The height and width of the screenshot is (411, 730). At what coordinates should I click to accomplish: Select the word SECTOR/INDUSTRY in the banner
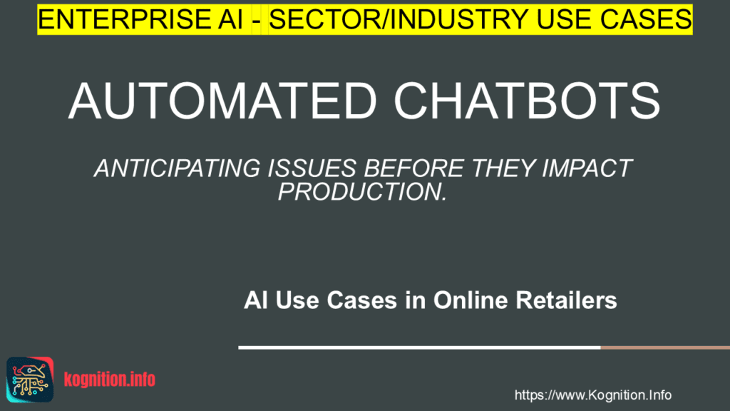388,19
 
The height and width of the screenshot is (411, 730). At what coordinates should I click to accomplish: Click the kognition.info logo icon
30,377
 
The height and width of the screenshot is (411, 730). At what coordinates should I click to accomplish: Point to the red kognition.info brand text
110,378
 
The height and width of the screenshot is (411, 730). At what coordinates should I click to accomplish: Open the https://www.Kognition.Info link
592,395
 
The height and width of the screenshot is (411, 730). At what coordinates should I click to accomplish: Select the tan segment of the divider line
664,348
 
